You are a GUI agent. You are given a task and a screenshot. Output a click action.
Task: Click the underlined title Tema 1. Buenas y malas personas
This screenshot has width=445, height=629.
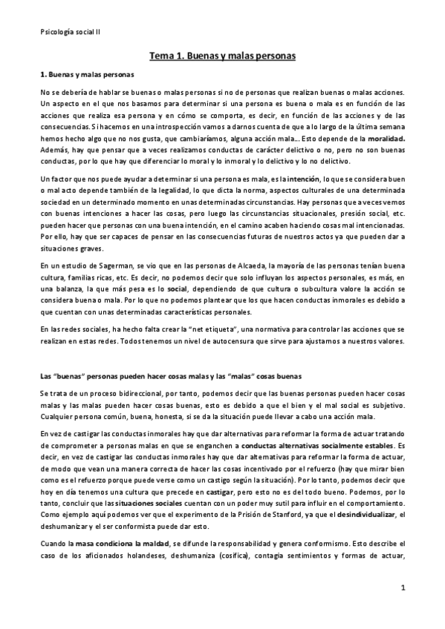tap(223, 56)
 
